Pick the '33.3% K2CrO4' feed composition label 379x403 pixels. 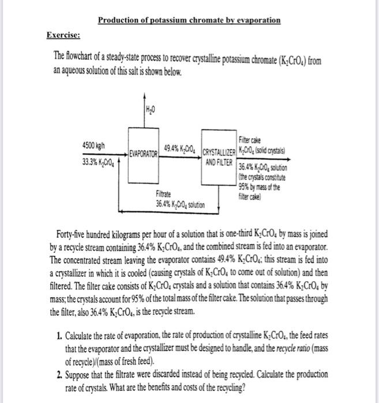pyautogui.click(x=98, y=161)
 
